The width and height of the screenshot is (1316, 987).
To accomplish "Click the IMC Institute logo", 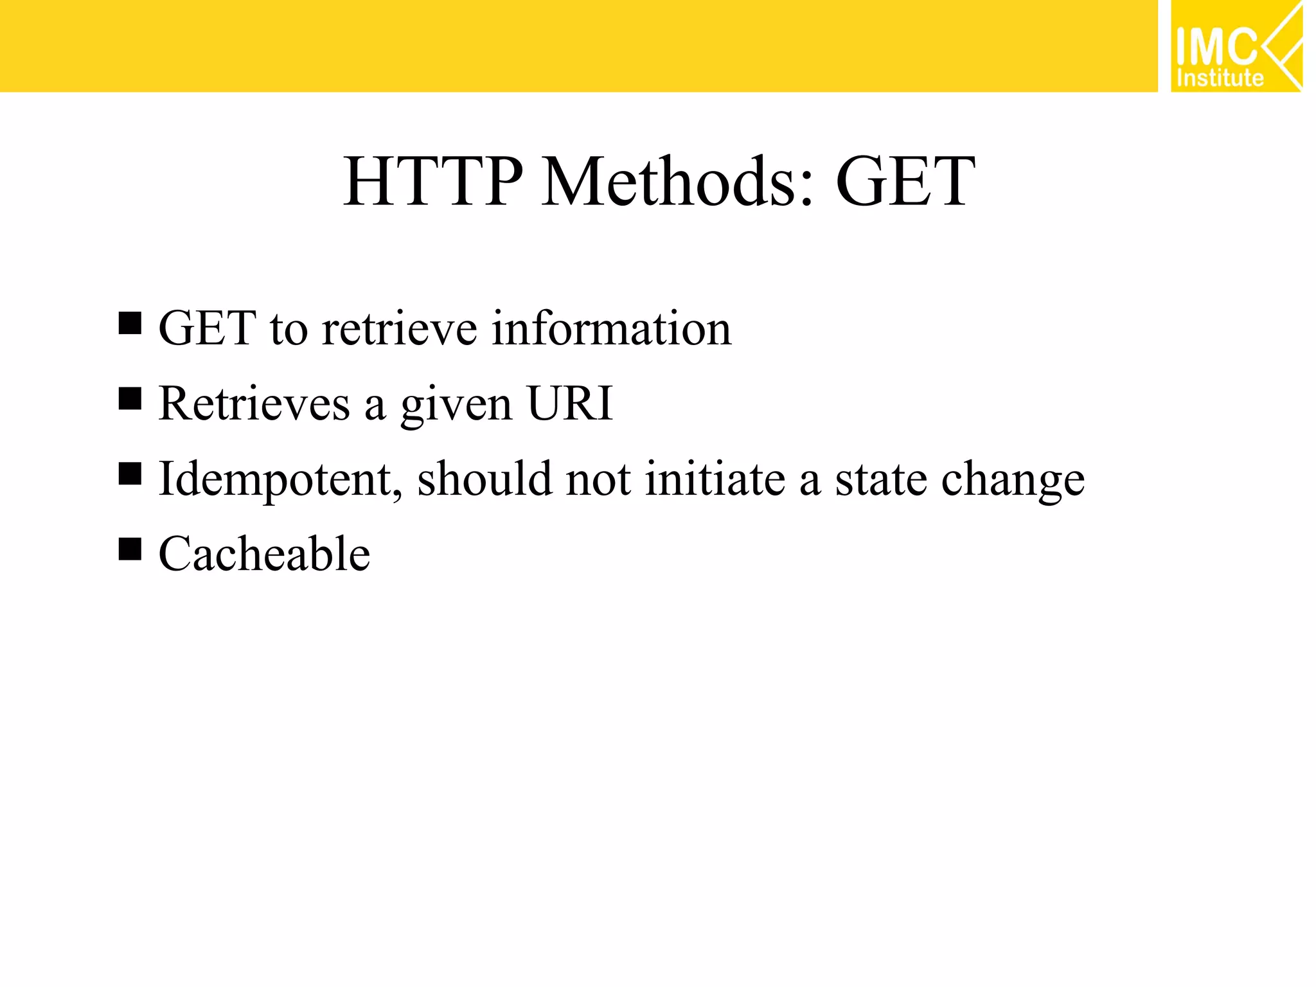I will [x=1236, y=46].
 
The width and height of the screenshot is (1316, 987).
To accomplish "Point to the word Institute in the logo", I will [x=1220, y=78].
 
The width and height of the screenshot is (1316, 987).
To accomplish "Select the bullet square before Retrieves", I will [x=130, y=399].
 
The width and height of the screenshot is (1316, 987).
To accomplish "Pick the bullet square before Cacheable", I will [x=130, y=549].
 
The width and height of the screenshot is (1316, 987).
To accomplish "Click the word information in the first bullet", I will [x=611, y=328].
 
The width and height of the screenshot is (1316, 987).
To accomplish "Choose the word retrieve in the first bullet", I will [x=399, y=328].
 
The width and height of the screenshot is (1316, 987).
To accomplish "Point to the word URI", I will [x=570, y=404].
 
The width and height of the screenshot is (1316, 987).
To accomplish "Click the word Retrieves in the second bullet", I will [x=254, y=404].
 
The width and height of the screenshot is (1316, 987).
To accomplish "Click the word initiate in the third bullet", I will [x=715, y=479].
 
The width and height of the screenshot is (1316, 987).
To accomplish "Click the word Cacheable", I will [x=264, y=554].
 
